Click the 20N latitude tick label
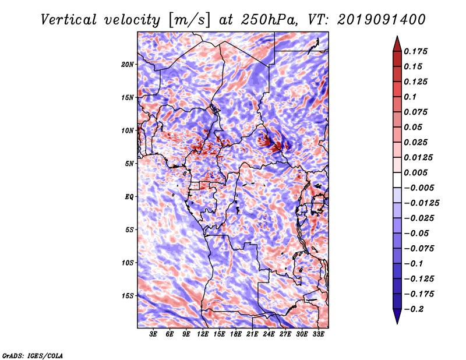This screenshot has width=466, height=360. coord(128,64)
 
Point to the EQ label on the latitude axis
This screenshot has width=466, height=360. coord(129,197)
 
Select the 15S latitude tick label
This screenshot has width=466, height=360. coord(128,296)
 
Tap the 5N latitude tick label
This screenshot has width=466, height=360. coord(129,164)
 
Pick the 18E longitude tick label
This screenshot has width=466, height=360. coord(236,334)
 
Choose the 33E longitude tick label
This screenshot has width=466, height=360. coord(318,334)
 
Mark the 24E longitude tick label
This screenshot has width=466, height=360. coord(269,334)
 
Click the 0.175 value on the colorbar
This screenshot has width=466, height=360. coord(417,51)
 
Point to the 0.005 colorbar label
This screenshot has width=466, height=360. coord(417,172)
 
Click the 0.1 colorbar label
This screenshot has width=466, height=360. coord(411,97)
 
